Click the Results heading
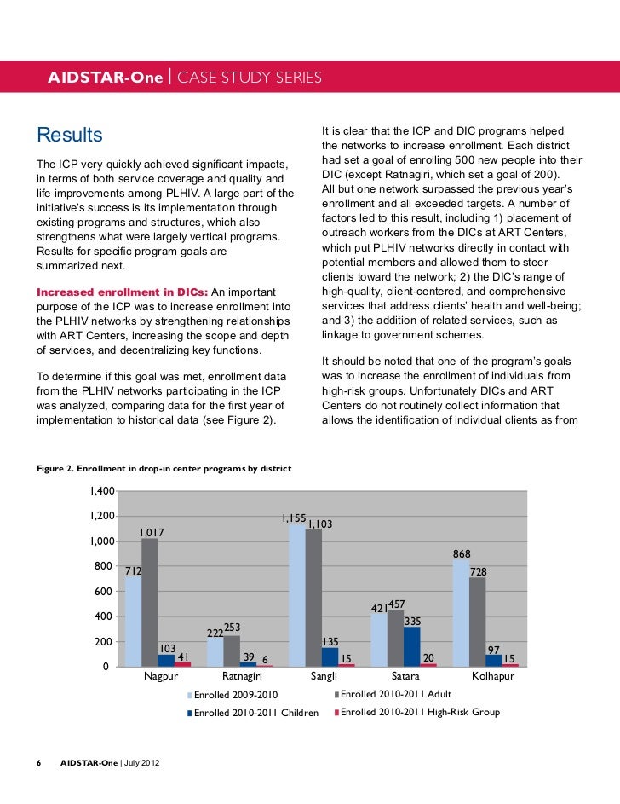69,136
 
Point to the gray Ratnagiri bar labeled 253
232,651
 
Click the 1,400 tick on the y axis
100,492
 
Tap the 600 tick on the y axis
103,592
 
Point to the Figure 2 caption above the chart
164,468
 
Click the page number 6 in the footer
39,761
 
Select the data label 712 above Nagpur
133,570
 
